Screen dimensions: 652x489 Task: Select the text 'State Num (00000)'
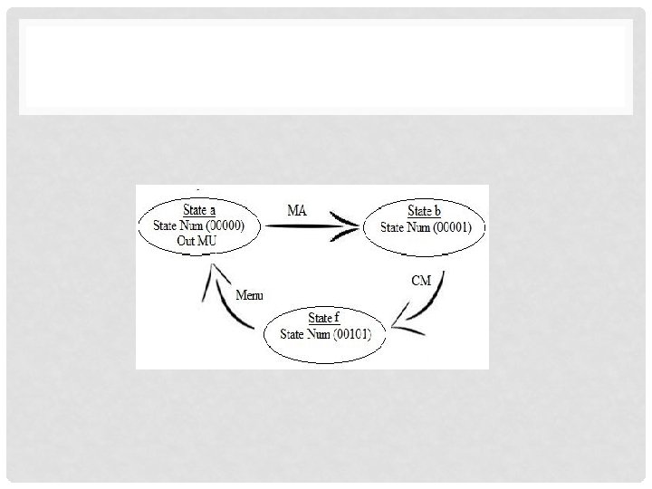click(199, 224)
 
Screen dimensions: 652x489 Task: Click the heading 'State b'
click(424, 212)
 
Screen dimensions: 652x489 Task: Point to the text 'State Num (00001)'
click(424, 226)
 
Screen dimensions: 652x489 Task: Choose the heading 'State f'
click(324, 319)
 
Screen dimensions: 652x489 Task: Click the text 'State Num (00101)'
click(324, 333)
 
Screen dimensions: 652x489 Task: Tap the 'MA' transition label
click(297, 210)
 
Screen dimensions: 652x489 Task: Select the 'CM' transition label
click(421, 281)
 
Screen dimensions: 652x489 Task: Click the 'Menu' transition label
click(251, 295)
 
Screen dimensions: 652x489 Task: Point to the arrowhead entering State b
click(349, 226)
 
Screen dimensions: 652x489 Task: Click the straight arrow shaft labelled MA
click(299, 226)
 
